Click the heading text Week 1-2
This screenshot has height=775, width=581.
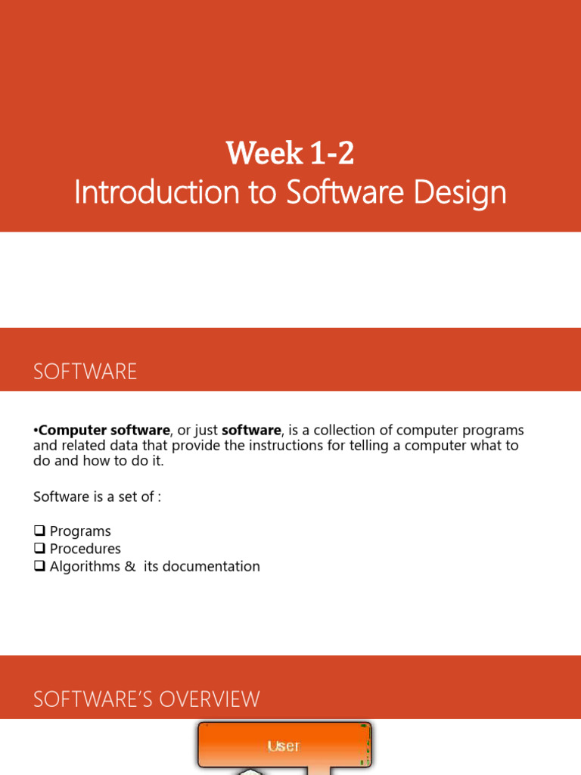click(x=290, y=154)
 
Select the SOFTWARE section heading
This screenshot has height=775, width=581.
click(x=85, y=372)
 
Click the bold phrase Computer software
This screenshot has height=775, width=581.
click(x=104, y=431)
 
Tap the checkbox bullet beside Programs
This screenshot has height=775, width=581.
click(x=40, y=531)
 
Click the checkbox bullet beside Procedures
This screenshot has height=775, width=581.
click(x=40, y=549)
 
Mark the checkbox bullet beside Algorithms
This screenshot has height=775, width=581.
click(x=40, y=566)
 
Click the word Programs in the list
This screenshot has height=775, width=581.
click(x=80, y=531)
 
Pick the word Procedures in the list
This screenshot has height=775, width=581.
click(x=85, y=549)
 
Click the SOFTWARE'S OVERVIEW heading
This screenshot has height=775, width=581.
click(x=147, y=699)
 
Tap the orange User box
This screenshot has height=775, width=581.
click(x=284, y=745)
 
